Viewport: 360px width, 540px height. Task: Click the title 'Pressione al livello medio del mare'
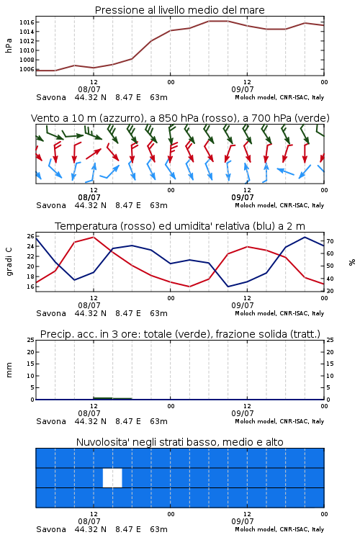click(x=179, y=10)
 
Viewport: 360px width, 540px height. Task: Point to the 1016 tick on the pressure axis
click(x=27, y=22)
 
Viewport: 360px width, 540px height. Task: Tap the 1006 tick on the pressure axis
click(x=27, y=69)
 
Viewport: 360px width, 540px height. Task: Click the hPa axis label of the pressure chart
click(x=9, y=45)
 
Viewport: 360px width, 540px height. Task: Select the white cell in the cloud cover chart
click(x=112, y=477)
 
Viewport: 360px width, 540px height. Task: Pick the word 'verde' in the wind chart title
click(x=313, y=118)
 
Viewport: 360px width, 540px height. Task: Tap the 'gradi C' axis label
click(x=9, y=261)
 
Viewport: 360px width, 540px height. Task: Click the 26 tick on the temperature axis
click(x=31, y=236)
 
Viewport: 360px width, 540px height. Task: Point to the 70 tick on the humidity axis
click(x=330, y=241)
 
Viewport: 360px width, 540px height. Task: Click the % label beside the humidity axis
click(x=352, y=262)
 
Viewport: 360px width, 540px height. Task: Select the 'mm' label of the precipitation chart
click(x=9, y=370)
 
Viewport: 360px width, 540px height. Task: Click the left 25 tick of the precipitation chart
click(x=31, y=340)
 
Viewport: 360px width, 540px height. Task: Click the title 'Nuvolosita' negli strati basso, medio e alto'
click(x=179, y=442)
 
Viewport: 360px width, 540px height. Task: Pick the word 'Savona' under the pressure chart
click(x=51, y=97)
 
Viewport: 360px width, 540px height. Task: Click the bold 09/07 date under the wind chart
click(x=243, y=197)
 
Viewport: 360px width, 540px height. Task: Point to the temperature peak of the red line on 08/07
click(x=94, y=237)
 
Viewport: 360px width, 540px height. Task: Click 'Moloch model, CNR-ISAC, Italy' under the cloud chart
click(x=279, y=529)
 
